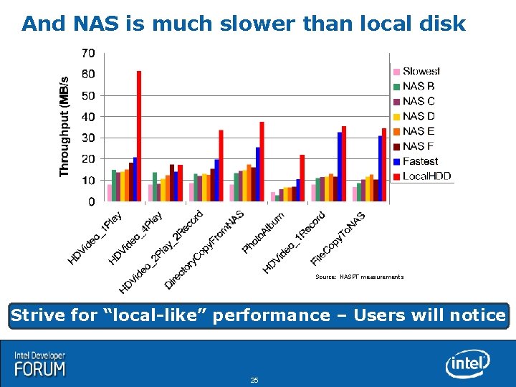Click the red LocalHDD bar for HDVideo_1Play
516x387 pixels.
point(139,136)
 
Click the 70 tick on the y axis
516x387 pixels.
point(87,53)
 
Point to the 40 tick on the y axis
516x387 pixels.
point(87,116)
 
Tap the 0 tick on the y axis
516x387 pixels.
point(90,202)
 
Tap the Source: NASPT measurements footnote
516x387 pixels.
point(359,277)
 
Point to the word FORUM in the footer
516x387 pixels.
point(40,369)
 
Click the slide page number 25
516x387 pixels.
point(254,380)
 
